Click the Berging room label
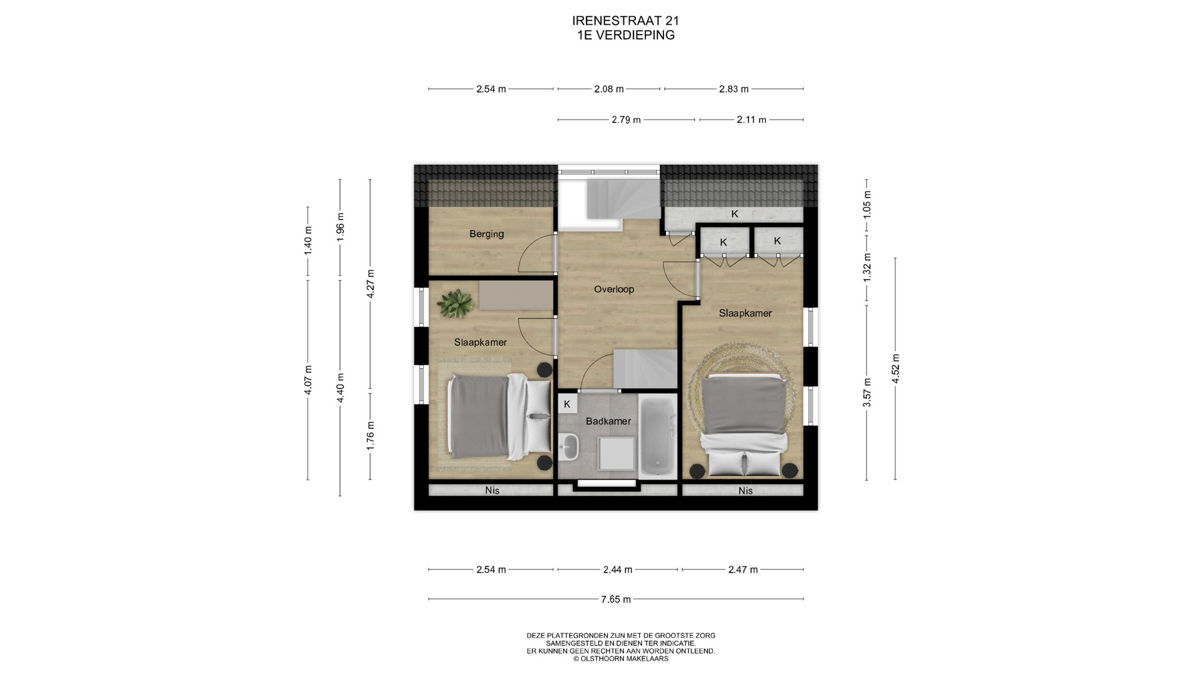[x=486, y=234]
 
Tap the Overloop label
[x=614, y=290]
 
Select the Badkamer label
[x=608, y=421]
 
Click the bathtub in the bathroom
[x=657, y=436]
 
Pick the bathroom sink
[x=569, y=447]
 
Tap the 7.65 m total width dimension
[x=616, y=599]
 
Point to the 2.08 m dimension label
[x=609, y=89]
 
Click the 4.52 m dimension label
[x=895, y=369]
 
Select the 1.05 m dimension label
[x=867, y=204]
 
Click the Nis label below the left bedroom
[x=492, y=490]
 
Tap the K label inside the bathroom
[x=567, y=404]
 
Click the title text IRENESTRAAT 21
[x=626, y=21]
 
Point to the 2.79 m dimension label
[x=626, y=120]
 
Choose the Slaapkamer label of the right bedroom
[x=745, y=313]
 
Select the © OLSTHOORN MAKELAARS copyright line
[x=621, y=659]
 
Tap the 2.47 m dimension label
[x=743, y=570]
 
